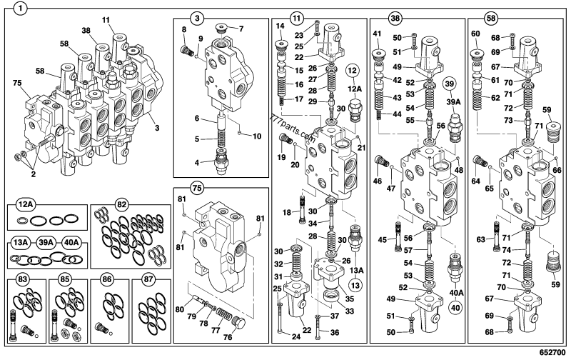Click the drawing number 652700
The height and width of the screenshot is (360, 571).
tap(550, 353)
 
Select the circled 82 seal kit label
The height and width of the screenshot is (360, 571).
tap(122, 204)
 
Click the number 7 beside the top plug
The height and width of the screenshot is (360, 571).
tap(241, 29)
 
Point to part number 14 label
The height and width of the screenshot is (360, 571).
tap(281, 26)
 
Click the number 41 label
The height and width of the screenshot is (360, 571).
tap(377, 34)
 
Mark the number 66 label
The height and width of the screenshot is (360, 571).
tap(557, 169)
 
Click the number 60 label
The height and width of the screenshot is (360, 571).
tap(475, 34)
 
